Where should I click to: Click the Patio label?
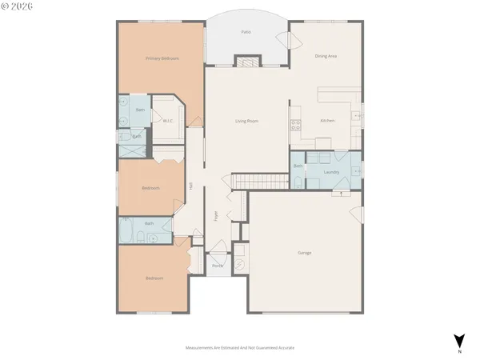pos(246,32)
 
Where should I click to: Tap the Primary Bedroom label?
pos(162,58)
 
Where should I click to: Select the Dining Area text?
pos(325,56)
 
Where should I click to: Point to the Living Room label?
pos(246,121)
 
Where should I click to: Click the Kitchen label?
pos(327,120)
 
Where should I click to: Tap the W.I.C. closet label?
pos(168,122)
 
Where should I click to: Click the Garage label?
pos(305,253)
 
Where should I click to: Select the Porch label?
pos(218,266)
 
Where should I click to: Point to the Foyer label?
pos(215,215)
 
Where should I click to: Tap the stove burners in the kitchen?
pos(295,124)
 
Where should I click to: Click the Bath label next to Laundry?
pos(298,166)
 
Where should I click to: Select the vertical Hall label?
pos(192,186)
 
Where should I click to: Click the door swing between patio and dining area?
pos(281,40)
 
